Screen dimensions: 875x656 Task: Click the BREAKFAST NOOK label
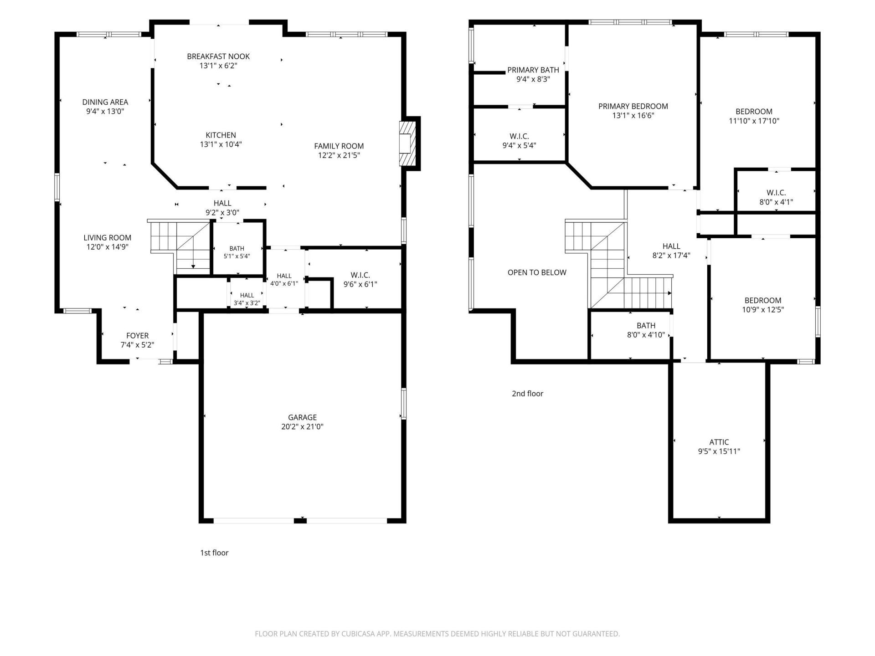(x=218, y=56)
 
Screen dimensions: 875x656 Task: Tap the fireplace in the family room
(x=408, y=143)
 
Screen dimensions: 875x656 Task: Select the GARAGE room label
(x=302, y=417)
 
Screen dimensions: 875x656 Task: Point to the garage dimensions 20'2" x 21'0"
(x=302, y=427)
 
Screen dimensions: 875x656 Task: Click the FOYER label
(x=137, y=336)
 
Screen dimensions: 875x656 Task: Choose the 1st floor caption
(x=214, y=553)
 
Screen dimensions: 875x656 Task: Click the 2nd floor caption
(x=527, y=394)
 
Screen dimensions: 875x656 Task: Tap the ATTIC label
(x=719, y=442)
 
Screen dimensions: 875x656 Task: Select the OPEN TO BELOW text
(x=537, y=272)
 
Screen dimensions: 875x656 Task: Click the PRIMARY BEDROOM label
(x=633, y=106)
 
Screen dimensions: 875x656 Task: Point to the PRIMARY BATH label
(x=533, y=70)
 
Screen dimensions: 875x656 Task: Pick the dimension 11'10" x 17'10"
(x=754, y=121)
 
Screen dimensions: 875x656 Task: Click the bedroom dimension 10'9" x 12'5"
(x=763, y=310)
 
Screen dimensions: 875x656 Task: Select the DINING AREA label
(x=105, y=102)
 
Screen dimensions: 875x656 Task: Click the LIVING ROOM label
(x=107, y=237)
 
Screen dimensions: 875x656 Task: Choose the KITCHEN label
(x=221, y=135)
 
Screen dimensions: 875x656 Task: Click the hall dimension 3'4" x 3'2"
(x=247, y=303)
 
